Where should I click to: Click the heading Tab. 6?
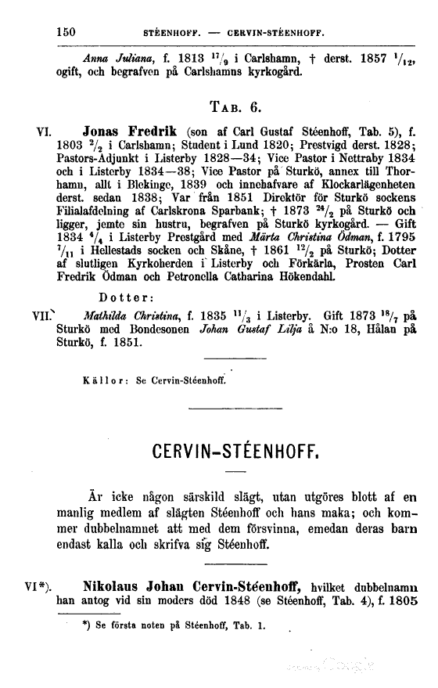(x=240, y=105)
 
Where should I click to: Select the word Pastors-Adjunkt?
(x=104, y=158)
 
